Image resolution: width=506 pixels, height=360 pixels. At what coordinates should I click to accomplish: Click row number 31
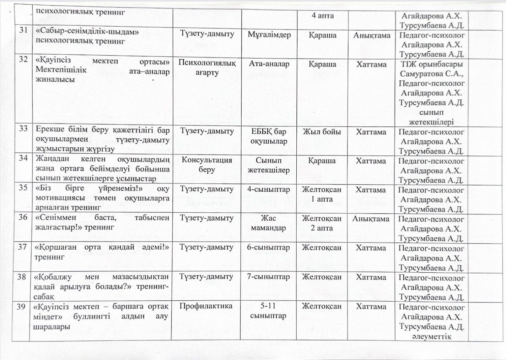pyautogui.click(x=23, y=31)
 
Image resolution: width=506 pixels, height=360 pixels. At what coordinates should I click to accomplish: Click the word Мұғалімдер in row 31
pyautogui.click(x=269, y=35)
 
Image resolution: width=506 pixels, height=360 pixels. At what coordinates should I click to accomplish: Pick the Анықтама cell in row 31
pyautogui.click(x=372, y=35)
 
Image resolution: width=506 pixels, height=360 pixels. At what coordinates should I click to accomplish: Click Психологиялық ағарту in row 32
pyautogui.click(x=207, y=68)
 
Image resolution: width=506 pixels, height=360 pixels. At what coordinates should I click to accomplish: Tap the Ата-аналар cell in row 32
pyautogui.click(x=269, y=64)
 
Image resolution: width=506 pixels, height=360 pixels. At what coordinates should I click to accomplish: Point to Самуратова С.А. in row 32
pyautogui.click(x=431, y=74)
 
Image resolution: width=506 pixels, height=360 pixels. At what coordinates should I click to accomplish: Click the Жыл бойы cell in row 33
pyautogui.click(x=322, y=132)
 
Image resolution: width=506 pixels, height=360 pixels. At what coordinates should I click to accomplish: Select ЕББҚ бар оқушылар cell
pyautogui.click(x=269, y=136)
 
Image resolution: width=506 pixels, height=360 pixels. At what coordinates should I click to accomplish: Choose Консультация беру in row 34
pyautogui.click(x=207, y=165)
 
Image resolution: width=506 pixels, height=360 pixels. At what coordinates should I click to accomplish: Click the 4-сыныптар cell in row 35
pyautogui.click(x=269, y=189)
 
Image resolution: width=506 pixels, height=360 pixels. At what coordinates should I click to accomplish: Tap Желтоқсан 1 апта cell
pyautogui.click(x=322, y=194)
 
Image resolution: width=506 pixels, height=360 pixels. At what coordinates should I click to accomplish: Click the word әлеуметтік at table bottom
pyautogui.click(x=431, y=336)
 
